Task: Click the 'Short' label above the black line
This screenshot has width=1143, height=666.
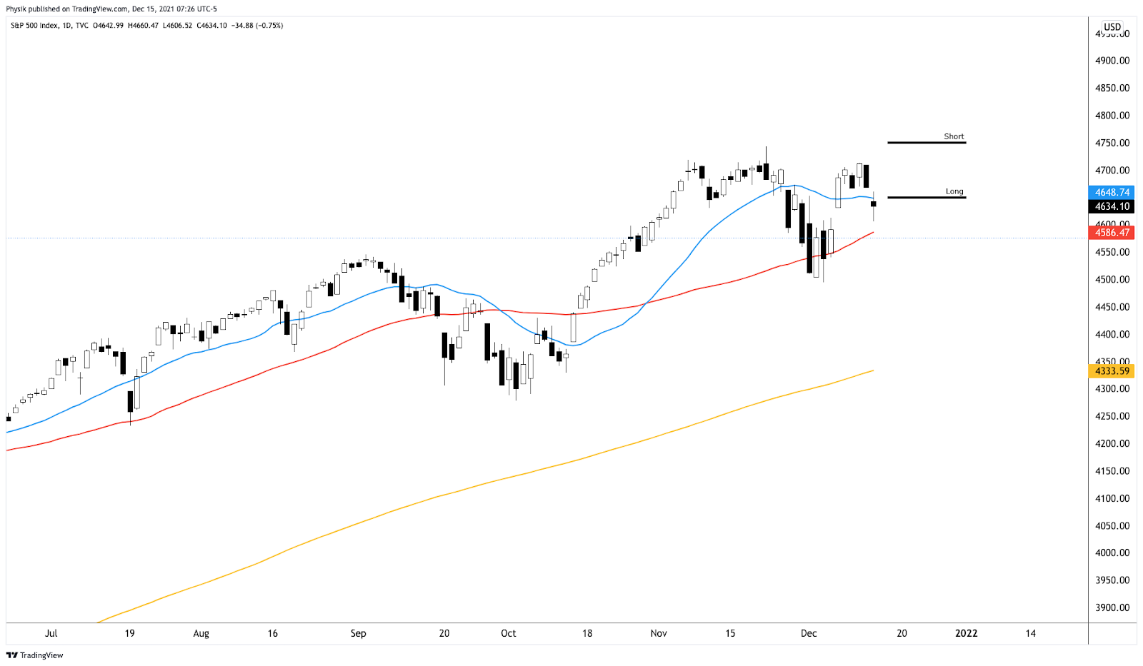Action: click(954, 136)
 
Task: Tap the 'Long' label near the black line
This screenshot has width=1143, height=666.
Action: click(954, 191)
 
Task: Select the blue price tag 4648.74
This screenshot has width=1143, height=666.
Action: click(1112, 193)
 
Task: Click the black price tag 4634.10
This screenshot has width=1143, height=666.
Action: click(1112, 206)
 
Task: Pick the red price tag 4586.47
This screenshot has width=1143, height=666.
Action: click(1112, 233)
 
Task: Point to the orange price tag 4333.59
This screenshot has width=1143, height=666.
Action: click(1112, 371)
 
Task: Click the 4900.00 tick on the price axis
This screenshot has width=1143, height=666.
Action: click(1112, 61)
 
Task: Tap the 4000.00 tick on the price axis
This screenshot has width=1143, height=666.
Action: click(1112, 553)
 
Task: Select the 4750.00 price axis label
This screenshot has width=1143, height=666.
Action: click(1112, 143)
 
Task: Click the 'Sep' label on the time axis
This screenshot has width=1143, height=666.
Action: click(358, 633)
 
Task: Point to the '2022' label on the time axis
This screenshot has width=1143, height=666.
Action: click(967, 633)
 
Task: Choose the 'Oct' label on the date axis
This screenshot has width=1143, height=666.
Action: click(508, 633)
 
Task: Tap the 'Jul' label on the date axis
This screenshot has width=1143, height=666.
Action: click(51, 633)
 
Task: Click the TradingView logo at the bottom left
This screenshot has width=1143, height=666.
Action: click(35, 655)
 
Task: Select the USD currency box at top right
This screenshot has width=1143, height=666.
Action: click(1112, 27)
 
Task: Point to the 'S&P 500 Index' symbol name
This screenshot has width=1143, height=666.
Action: click(34, 26)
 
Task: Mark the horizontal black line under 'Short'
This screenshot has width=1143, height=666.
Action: click(927, 143)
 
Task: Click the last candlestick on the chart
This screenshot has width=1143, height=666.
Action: click(873, 204)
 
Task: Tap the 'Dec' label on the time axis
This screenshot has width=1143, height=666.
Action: click(809, 633)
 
